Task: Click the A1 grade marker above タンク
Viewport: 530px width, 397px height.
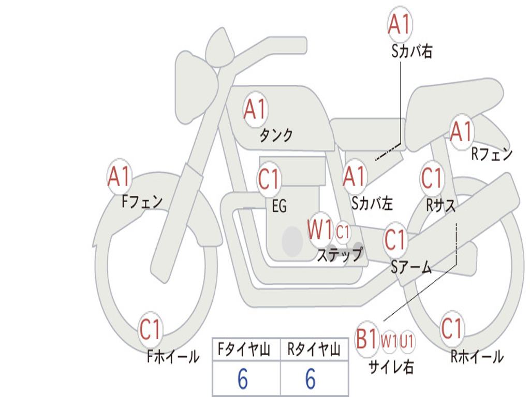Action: coord(255,110)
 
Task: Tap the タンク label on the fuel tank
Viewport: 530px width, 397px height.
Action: coord(276,135)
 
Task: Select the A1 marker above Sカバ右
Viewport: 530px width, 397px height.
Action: coord(400,24)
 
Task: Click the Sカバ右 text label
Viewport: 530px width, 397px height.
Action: coord(411,51)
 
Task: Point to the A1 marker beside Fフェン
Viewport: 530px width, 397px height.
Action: coord(119,176)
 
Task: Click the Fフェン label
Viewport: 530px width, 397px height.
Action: coord(142,202)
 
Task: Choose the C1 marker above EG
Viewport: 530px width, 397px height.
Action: coord(269,179)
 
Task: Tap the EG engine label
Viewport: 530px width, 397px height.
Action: coord(279,206)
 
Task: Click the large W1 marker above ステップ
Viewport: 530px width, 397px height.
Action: coord(320,230)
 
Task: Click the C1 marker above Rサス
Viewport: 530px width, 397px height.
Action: coord(431,178)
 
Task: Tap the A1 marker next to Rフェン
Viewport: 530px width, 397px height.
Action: coord(461,132)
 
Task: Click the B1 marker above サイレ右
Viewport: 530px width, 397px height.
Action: coord(367,339)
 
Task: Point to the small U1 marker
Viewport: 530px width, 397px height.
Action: coord(407,341)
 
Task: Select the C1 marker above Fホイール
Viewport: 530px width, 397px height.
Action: coord(150,329)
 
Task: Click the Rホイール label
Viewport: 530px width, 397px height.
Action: coord(477,357)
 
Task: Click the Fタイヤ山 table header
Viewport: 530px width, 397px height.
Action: coord(244,349)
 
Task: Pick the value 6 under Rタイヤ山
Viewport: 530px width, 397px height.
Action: coord(311,379)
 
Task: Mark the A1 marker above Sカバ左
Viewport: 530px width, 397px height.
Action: coord(354,176)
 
